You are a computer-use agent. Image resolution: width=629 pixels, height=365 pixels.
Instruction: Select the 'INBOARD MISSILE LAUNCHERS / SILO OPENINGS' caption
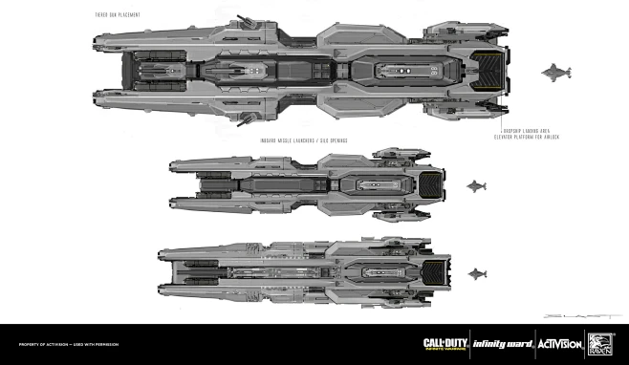(x=303, y=140)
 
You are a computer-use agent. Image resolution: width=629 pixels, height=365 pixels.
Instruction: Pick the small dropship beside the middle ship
(x=477, y=185)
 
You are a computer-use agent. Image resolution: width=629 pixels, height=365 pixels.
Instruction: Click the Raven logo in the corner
(x=600, y=344)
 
